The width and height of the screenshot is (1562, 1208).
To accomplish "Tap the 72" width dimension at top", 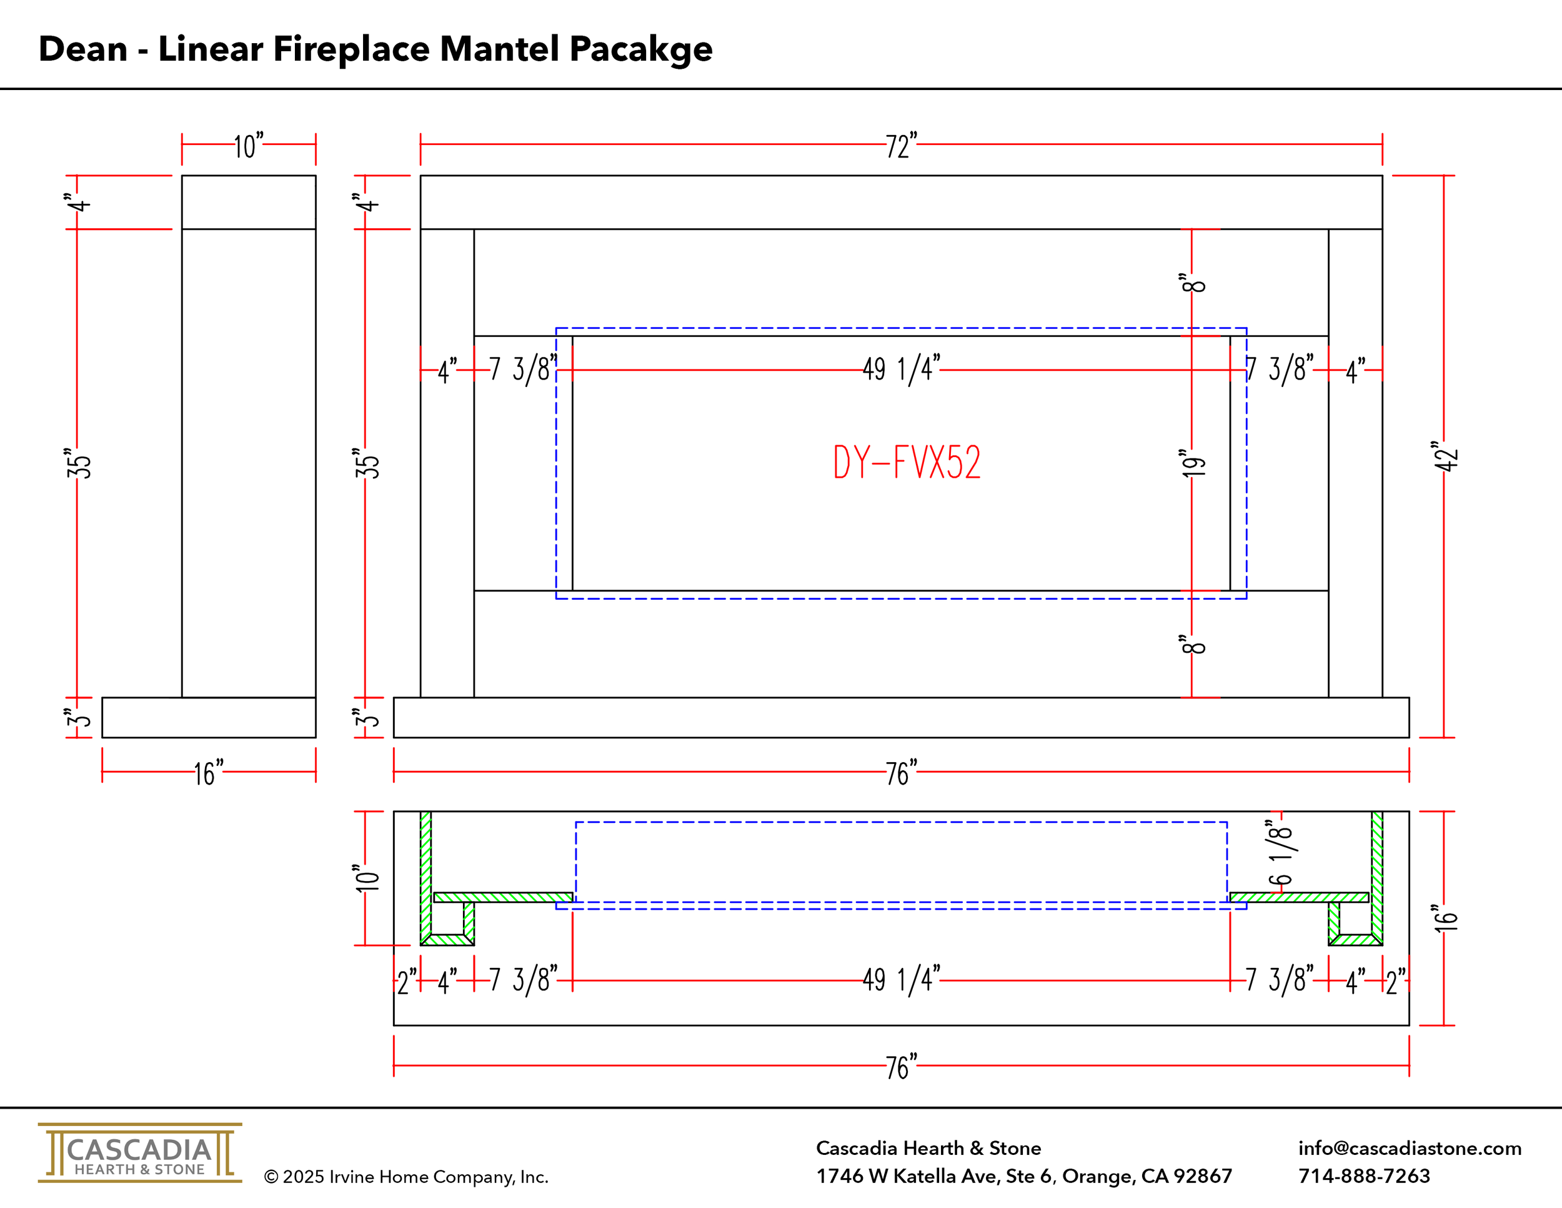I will tap(900, 146).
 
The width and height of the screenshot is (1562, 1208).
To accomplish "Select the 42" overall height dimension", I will tap(1445, 456).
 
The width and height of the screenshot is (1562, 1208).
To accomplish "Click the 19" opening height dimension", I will tap(1193, 464).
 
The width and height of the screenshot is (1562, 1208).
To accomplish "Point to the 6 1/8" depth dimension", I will tap(1280, 852).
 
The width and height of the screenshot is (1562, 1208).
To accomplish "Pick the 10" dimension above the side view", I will tap(247, 146).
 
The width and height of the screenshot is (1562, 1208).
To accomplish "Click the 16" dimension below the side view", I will tap(208, 773).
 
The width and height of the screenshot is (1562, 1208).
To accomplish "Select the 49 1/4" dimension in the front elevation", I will tap(900, 370).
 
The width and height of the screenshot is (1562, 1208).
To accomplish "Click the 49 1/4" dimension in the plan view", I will tap(900, 980).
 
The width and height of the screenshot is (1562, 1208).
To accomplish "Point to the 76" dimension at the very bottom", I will tap(900, 1067).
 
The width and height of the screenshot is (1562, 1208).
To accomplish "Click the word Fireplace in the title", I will tap(352, 49).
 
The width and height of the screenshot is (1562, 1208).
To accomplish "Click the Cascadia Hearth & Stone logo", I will tap(140, 1153).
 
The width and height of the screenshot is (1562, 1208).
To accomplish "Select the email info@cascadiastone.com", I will tap(1409, 1148).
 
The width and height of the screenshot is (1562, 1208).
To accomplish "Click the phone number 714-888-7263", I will tap(1364, 1175).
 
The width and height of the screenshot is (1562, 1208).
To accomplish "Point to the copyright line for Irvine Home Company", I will tap(406, 1177).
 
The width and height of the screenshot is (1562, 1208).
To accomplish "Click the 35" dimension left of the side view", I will tap(79, 464).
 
